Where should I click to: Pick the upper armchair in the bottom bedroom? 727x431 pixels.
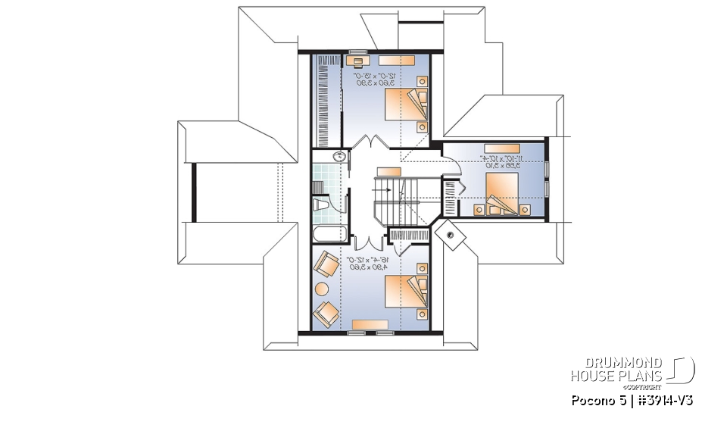[x=327, y=266]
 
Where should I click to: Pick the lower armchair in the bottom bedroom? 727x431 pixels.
[x=326, y=311]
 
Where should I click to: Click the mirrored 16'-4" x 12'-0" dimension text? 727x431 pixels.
[x=367, y=263]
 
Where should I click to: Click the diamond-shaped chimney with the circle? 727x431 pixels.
[x=451, y=234]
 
